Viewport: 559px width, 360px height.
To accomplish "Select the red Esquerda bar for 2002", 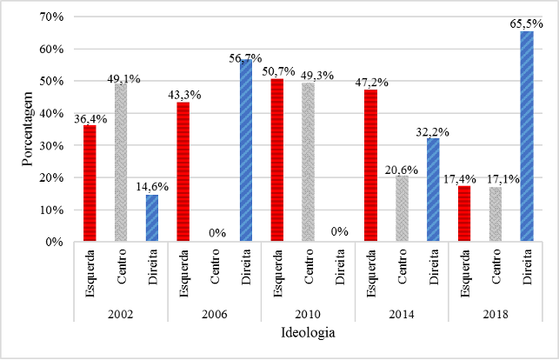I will pos(90,183).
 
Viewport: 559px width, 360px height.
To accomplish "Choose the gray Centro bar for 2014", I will pos(402,209).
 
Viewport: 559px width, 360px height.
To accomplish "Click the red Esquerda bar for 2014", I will pos(370,166).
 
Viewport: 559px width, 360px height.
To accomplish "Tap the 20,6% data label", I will pos(402,168).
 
